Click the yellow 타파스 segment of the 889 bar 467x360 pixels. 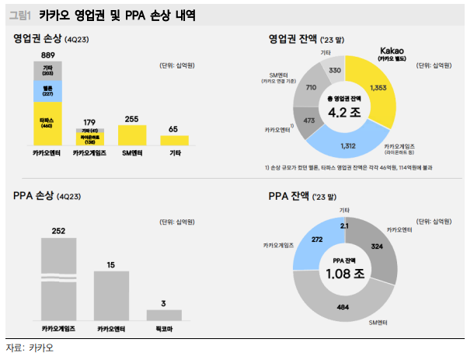pos(47,122)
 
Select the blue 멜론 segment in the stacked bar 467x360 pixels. pos(47,90)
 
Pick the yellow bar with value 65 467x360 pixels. pos(174,140)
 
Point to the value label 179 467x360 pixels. pos(89,122)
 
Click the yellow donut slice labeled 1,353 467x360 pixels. pos(374,88)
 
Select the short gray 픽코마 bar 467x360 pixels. pos(164,315)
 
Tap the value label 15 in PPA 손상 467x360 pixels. pos(111,265)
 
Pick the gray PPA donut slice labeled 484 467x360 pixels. pos(342,307)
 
